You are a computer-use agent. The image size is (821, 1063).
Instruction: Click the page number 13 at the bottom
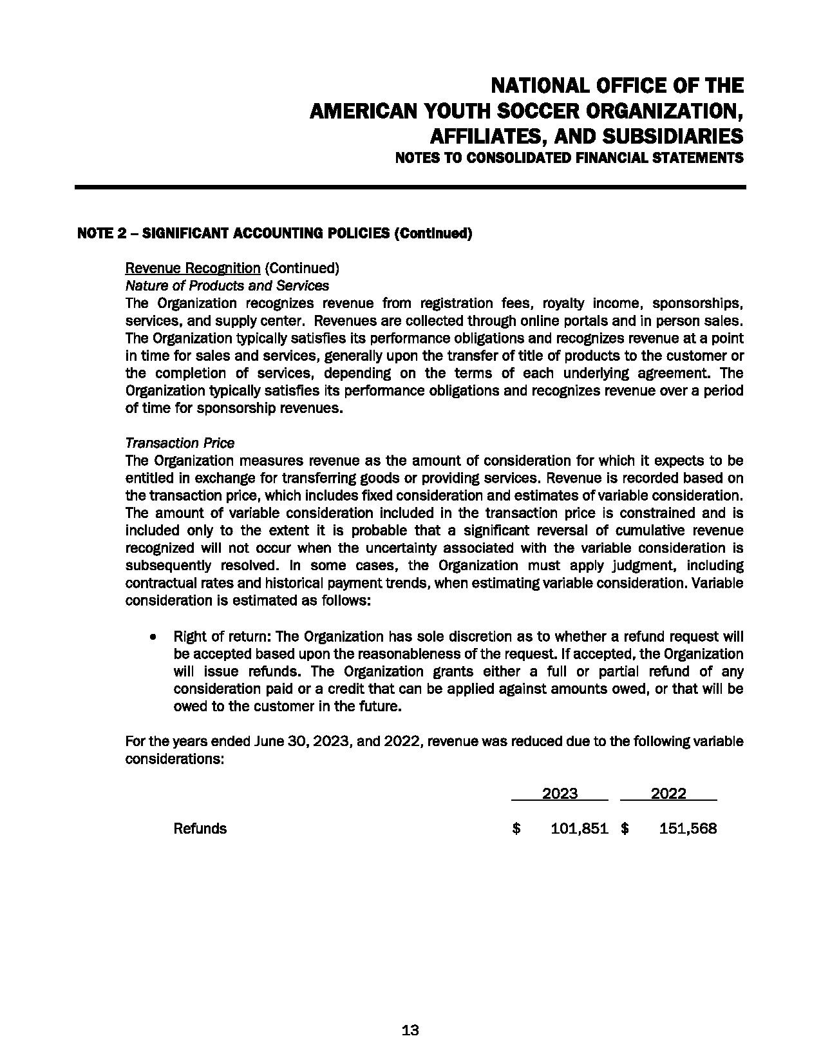410,1030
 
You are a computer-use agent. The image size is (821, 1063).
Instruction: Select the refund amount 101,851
580,828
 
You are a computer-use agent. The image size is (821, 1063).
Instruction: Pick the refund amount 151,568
688,828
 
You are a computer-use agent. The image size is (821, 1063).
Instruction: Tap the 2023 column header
560,794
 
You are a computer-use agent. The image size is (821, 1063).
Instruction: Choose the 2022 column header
668,794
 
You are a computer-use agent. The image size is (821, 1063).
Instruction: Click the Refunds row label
200,828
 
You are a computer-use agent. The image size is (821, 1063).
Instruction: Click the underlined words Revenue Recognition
193,268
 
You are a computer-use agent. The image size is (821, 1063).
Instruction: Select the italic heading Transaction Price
180,443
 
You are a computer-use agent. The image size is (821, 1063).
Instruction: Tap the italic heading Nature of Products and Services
227,285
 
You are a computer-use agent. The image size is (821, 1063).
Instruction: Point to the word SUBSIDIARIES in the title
668,137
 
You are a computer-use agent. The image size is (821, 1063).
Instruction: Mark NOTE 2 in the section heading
101,233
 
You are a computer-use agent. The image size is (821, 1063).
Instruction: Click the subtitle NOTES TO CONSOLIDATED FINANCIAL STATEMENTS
569,158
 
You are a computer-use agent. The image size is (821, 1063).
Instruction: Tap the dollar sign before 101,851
516,828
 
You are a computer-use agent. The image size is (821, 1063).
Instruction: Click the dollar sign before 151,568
625,828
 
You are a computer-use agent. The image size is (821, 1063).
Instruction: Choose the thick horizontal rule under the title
410,187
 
